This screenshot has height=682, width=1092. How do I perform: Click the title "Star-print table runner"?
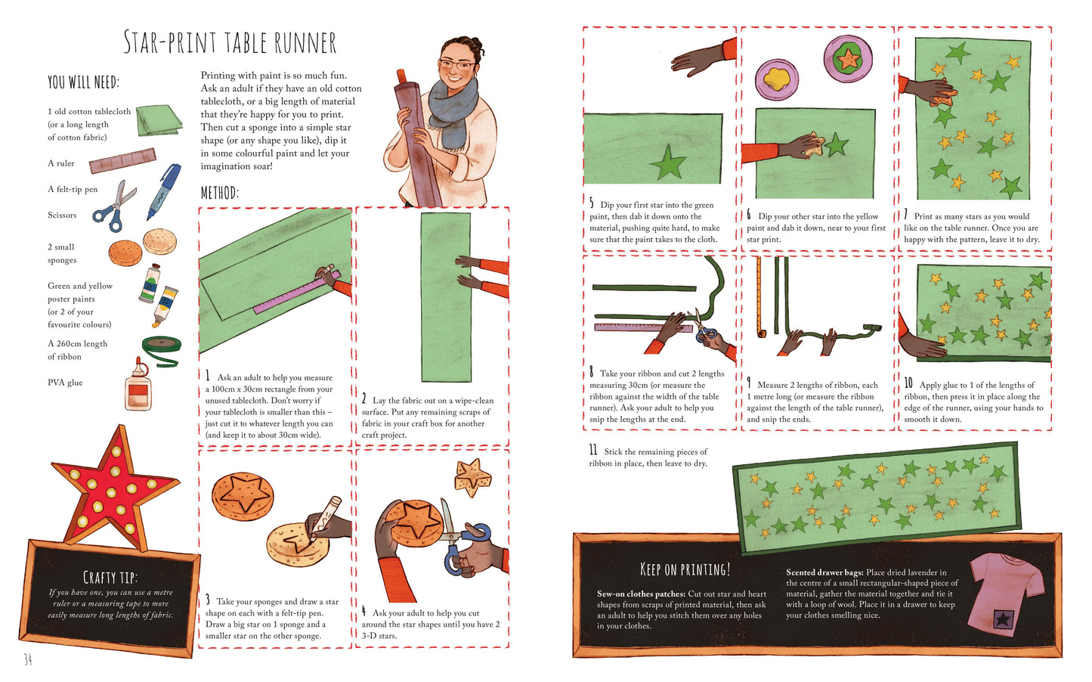pos(230,42)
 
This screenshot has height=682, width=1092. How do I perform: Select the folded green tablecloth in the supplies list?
pos(159,119)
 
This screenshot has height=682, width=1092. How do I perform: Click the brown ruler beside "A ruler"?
pos(122,160)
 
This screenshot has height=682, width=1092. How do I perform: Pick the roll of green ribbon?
pos(162,350)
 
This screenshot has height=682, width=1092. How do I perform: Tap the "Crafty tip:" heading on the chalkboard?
pos(110,578)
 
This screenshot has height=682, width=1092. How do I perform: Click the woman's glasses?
pos(456,64)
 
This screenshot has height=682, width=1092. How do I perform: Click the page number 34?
pos(28,659)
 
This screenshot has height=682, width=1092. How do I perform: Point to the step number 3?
pos(208,600)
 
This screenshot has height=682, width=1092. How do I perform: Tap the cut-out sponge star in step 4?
pos(472,476)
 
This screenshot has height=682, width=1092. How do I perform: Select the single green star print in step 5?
pos(668,162)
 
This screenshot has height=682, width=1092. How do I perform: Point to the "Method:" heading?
pos(220,194)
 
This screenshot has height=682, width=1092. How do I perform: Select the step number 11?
pos(592,450)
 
